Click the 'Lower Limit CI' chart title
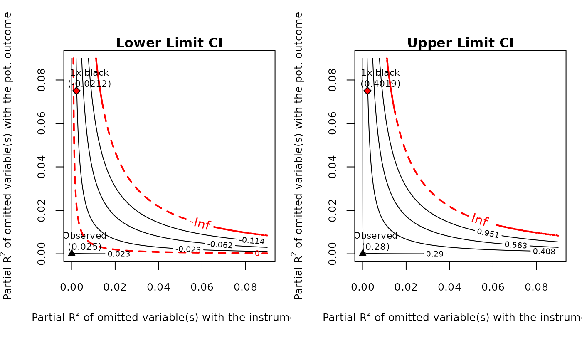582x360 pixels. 169,43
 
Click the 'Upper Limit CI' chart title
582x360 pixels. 460,43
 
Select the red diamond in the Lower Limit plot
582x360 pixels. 76,91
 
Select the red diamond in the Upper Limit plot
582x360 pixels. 367,91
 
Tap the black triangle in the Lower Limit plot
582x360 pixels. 72,252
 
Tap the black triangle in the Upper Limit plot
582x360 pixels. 363,252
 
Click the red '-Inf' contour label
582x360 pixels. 200,224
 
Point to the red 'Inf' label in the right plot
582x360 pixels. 479,219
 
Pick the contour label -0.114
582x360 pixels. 252,240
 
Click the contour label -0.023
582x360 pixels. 188,249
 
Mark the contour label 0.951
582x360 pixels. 488,233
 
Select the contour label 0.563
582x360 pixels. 515,245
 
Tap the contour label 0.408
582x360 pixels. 544,251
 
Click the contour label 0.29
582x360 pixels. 435,254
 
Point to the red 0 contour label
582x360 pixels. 257,253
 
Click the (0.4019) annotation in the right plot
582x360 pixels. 380,84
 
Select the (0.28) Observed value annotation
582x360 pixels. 376,247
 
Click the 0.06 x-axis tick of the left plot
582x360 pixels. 202,287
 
